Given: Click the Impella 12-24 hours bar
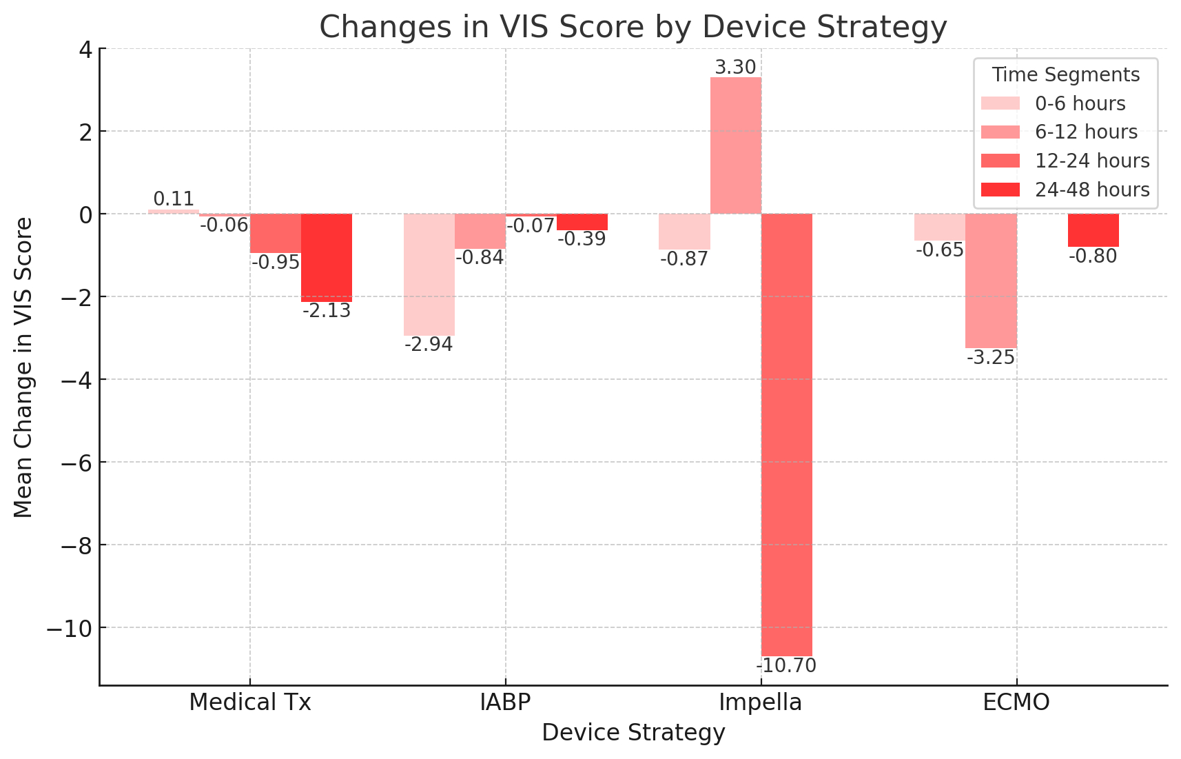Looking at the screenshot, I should (786, 434).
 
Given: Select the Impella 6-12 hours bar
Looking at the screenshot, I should (736, 145).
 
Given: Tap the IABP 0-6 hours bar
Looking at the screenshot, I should (429, 274).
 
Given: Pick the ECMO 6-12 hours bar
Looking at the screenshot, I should (991, 281).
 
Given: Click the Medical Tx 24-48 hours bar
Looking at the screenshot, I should (327, 257).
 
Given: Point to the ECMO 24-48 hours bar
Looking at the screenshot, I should (1093, 230).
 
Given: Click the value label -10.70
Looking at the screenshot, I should (786, 666).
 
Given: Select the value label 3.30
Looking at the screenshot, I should (735, 68).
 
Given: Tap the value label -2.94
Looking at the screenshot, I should (429, 345).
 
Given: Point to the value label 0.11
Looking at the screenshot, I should (174, 199).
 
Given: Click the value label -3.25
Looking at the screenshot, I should (991, 358).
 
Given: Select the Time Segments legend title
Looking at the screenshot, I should (1065, 74).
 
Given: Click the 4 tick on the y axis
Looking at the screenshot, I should (87, 49).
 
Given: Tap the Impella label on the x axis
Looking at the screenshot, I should (761, 702).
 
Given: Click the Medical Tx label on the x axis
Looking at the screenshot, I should (250, 702).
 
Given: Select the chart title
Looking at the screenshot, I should (633, 28).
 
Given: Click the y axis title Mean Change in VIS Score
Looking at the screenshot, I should (23, 367).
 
